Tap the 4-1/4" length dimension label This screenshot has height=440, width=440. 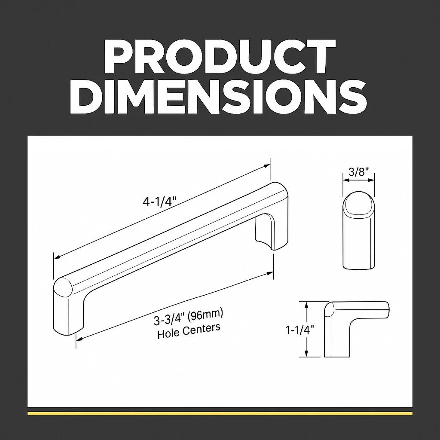[x=160, y=202]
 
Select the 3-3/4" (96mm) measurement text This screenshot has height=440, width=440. [x=188, y=318]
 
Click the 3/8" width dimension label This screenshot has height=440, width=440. [x=358, y=172]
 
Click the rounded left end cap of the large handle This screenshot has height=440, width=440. [x=63, y=287]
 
